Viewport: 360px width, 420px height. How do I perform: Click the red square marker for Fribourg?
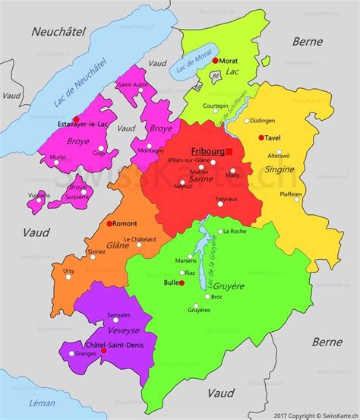[x=229, y=152]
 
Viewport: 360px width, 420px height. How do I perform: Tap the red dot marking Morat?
[x=216, y=60]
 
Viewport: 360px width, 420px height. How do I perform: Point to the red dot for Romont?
[x=110, y=223]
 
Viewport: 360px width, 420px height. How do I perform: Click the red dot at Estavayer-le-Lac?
[x=77, y=119]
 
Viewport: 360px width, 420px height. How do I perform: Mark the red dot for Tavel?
[x=261, y=137]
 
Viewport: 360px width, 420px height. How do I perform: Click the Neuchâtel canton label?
[x=57, y=31]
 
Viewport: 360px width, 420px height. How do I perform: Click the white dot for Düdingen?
[x=246, y=120]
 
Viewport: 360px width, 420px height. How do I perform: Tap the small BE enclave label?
[x=216, y=77]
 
